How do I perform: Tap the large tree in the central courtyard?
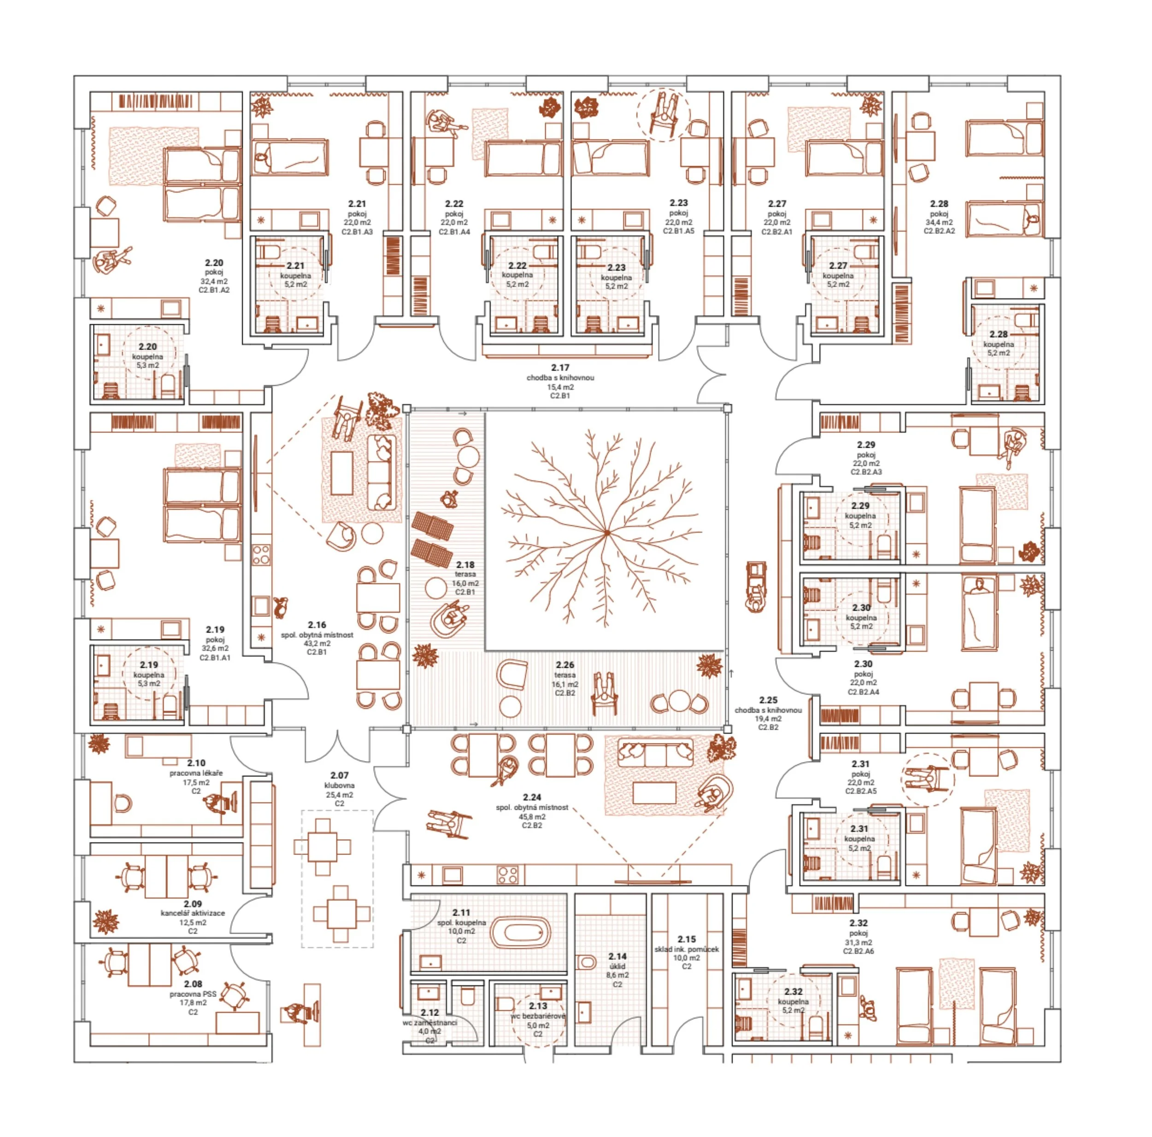pyautogui.click(x=606, y=530)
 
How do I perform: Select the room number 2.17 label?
pyautogui.click(x=560, y=368)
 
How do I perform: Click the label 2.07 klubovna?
pyautogui.click(x=339, y=780)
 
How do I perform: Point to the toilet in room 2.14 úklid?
pyautogui.click(x=587, y=962)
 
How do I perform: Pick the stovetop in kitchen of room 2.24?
pyautogui.click(x=507, y=875)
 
